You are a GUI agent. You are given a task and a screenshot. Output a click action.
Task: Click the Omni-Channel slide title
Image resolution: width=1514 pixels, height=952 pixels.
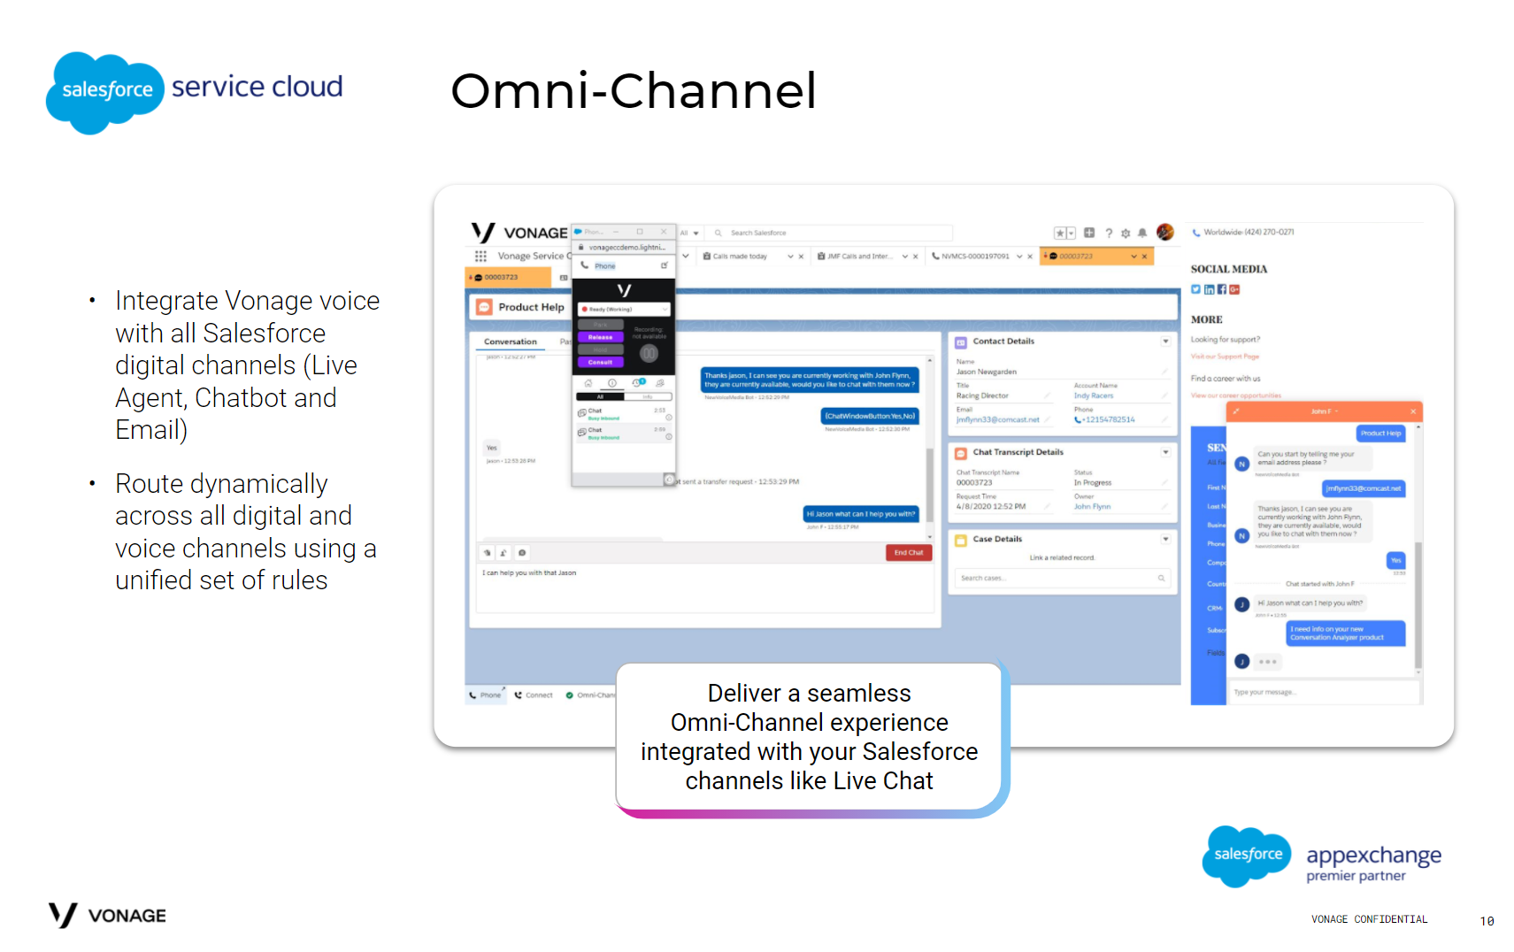pos(633,90)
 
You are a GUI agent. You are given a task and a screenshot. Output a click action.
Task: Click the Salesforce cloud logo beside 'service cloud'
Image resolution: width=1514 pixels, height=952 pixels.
pos(105,91)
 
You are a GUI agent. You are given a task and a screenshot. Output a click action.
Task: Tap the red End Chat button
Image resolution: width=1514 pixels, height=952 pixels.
pos(908,552)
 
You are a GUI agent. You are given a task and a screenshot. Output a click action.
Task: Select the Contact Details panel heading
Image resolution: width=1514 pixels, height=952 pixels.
pos(1003,342)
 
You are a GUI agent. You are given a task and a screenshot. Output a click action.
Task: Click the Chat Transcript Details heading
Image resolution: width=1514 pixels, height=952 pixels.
pos(1018,452)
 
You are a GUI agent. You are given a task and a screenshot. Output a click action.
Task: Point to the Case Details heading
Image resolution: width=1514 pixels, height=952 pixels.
pos(996,539)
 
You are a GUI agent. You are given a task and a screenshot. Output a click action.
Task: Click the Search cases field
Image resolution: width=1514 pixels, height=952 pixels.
pos(1060,578)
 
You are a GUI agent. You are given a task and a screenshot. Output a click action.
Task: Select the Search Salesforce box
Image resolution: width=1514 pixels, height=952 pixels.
pos(832,233)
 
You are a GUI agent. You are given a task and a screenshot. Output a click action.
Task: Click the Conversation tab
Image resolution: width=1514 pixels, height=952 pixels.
pos(510,342)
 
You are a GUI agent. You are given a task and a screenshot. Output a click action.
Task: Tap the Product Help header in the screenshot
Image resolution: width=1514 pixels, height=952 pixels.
pos(530,307)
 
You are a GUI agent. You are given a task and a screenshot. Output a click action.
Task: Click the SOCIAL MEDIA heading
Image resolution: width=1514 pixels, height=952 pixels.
pos(1228,269)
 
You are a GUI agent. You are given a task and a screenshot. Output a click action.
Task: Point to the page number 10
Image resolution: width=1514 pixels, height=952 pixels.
pos(1487,921)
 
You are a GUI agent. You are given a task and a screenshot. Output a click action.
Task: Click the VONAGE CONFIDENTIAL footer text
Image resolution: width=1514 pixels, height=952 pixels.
pos(1369,919)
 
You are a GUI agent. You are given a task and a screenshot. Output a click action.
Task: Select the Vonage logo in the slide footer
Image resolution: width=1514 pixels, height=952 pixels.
pos(107,915)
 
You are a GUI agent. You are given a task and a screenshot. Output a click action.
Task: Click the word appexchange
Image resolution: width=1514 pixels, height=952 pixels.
pos(1373,856)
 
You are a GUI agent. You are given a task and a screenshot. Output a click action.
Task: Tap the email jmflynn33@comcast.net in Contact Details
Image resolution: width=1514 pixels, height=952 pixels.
pos(997,419)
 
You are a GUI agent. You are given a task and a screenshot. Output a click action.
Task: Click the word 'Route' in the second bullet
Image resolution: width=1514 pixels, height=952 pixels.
pos(149,484)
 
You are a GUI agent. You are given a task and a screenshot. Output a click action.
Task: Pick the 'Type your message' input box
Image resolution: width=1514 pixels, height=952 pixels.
pos(1323,692)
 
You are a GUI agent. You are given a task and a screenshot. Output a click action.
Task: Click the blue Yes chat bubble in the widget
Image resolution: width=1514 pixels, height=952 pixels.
pos(1395,560)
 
